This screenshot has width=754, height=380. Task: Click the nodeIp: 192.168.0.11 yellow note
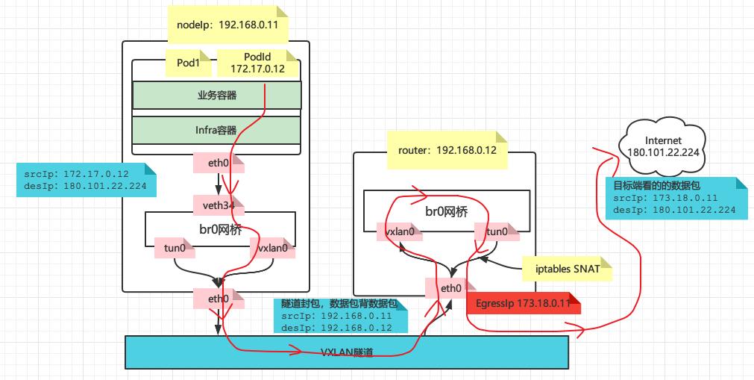[227, 25]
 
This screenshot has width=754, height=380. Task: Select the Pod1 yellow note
[188, 63]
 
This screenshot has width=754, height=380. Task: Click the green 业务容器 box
[216, 95]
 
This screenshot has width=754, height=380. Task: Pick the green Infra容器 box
[216, 130]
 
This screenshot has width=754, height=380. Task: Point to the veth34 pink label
[219, 205]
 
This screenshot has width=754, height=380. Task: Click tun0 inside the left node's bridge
[175, 247]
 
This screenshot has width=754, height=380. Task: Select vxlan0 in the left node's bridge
[272, 247]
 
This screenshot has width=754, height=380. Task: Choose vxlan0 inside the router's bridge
[400, 232]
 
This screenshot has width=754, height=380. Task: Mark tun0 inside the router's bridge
[497, 232]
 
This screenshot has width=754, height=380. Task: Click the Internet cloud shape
[664, 146]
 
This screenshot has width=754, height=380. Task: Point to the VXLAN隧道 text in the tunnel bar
[347, 351]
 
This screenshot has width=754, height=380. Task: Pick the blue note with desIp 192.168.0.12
[339, 315]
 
